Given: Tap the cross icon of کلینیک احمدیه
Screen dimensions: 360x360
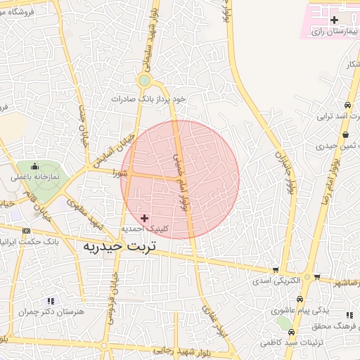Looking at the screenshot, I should pyautogui.click(x=145, y=219).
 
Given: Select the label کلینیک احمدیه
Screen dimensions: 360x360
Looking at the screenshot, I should pyautogui.click(x=143, y=229).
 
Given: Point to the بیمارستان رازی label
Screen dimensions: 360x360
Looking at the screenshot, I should pyautogui.click(x=335, y=32).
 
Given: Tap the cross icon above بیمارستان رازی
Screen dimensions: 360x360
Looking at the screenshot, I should pyautogui.click(x=334, y=20).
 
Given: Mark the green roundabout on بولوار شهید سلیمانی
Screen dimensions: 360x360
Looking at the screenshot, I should pyautogui.click(x=144, y=80).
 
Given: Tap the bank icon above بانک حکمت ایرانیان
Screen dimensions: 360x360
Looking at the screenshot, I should pyautogui.click(x=27, y=231).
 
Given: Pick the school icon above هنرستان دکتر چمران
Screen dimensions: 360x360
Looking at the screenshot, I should pyautogui.click(x=50, y=301).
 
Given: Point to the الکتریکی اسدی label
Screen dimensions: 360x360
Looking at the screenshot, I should pyautogui.click(x=276, y=280).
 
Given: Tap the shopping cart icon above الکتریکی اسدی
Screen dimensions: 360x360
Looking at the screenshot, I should pyautogui.click(x=276, y=269).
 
